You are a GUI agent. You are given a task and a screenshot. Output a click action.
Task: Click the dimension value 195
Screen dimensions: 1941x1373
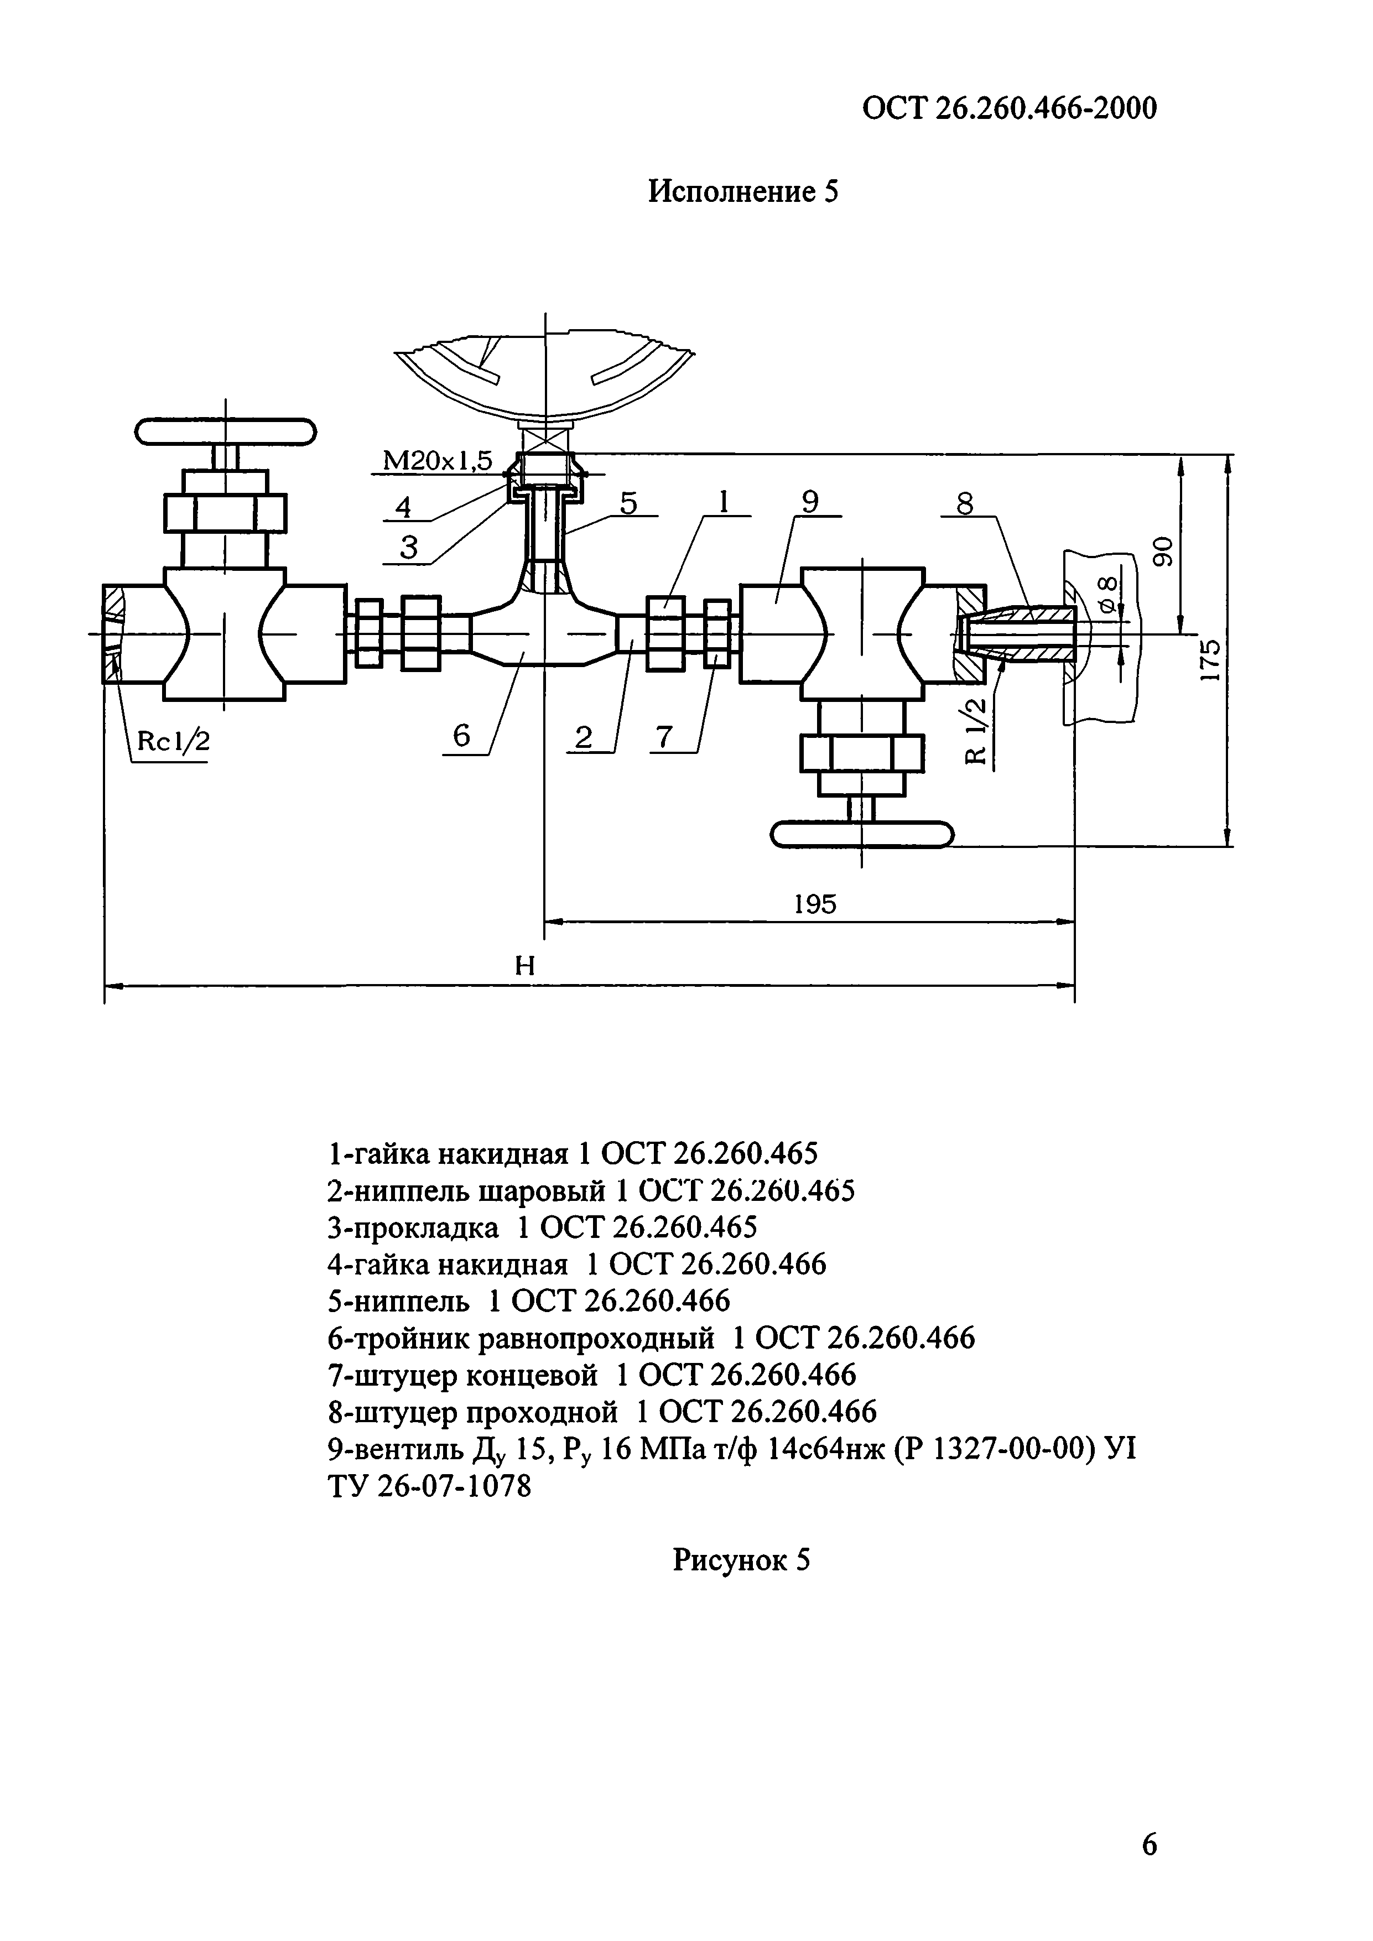(815, 904)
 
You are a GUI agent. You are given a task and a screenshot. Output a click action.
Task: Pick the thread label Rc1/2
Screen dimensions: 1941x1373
(173, 741)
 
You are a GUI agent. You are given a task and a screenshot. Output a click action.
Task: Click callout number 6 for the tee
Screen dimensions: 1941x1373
(461, 736)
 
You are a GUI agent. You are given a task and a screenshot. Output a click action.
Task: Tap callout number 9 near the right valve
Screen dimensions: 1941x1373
(809, 503)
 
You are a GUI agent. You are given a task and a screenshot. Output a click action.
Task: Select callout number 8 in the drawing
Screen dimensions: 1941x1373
(965, 504)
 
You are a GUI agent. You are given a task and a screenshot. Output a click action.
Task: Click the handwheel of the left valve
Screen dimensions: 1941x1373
(225, 432)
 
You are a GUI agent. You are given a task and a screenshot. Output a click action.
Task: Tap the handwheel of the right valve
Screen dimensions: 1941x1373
(861, 834)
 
